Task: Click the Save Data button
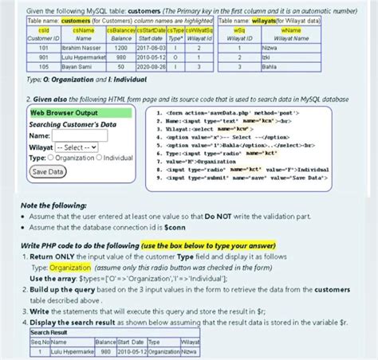pos(48,171)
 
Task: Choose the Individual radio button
pos(100,158)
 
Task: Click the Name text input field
pos(72,136)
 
